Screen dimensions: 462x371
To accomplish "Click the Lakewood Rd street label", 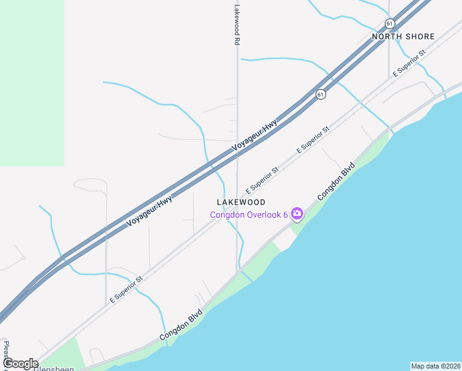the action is click(x=237, y=25).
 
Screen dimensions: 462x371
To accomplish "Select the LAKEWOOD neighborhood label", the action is click(x=241, y=202).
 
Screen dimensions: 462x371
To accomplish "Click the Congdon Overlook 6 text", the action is click(x=249, y=215).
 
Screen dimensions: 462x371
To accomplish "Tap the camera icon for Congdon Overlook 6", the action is click(x=297, y=214).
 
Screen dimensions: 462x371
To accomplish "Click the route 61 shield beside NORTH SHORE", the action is click(x=389, y=23).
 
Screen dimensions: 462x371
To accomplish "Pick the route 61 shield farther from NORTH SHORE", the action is click(x=320, y=94).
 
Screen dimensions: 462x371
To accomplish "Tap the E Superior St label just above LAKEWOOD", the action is click(x=262, y=179).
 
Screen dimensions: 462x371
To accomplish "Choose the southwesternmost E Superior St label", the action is click(x=126, y=288).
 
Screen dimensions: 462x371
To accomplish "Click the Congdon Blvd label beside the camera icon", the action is click(x=337, y=181).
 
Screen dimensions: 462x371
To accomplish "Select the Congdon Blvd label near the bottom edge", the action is click(x=181, y=325).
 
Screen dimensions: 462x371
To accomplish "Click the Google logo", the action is click(x=20, y=364).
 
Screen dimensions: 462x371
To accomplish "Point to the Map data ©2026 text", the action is click(x=435, y=366).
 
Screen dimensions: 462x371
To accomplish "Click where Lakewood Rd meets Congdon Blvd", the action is click(x=237, y=272).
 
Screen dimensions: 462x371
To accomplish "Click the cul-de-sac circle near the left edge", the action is click(x=23, y=257).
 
